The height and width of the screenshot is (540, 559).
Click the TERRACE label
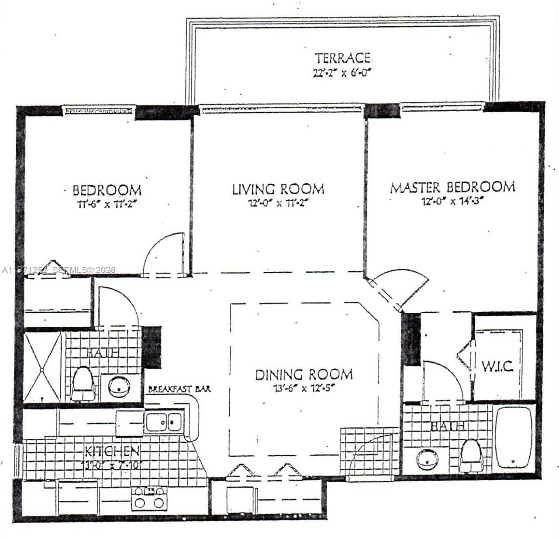coord(343,58)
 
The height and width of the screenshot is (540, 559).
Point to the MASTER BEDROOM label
coord(452,187)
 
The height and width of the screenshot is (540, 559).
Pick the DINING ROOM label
coord(304,374)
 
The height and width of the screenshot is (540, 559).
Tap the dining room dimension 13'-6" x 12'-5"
coord(304,387)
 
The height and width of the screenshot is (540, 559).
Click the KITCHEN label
coord(112,451)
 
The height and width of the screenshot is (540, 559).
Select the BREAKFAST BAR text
coord(180,389)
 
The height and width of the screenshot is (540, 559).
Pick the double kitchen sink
coord(163,422)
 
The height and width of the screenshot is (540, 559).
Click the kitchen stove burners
coord(150,497)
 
